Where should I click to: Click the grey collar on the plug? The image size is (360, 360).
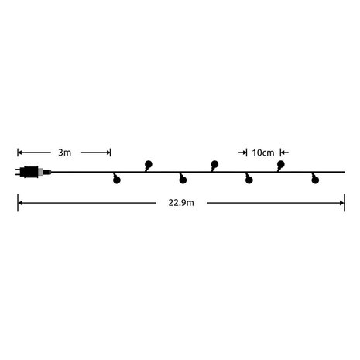click(46, 173)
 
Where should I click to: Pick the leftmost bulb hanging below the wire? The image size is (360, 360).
click(116, 180)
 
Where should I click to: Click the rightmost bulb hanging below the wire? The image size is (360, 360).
click(314, 180)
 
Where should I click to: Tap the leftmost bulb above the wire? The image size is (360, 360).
click(149, 164)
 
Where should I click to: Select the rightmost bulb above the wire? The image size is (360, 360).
click(281, 164)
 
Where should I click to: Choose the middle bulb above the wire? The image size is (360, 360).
click(215, 164)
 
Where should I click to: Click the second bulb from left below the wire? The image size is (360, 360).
click(183, 180)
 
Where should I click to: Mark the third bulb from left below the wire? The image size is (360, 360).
click(249, 180)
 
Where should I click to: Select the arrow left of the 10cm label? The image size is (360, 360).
click(243, 153)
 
